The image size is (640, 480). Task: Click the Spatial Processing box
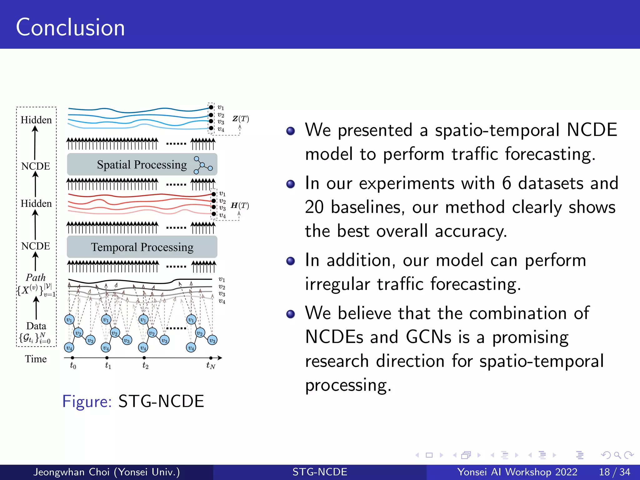(142, 164)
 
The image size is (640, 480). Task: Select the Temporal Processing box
(142, 247)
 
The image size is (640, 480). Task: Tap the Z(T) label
(241, 119)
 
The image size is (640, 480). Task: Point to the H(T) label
(240, 205)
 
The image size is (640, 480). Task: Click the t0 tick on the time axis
(72, 358)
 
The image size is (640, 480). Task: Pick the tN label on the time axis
(211, 365)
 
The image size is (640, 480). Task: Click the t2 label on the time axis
(145, 365)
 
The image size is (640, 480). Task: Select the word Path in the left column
(36, 277)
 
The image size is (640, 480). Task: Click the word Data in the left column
(36, 326)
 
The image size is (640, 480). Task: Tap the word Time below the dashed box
(36, 359)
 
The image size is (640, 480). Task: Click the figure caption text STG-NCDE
(161, 401)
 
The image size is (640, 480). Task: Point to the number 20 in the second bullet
(314, 207)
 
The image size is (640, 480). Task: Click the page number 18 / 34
(614, 472)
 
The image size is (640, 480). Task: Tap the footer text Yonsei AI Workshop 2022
(517, 472)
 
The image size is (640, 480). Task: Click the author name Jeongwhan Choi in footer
(72, 472)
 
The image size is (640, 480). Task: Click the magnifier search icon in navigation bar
(617, 455)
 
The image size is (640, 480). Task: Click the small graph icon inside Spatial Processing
(202, 165)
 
